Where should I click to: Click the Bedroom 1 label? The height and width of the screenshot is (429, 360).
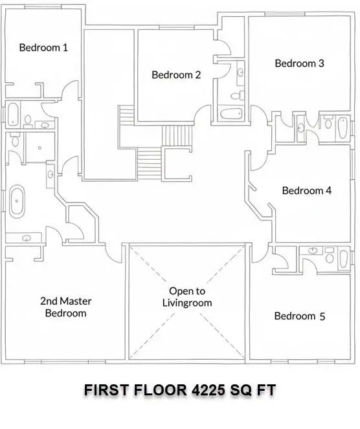(x=43, y=47)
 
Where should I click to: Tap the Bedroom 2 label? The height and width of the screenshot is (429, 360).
(x=176, y=74)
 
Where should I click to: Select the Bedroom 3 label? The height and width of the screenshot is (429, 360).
(x=299, y=63)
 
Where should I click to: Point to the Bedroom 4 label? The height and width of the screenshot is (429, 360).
(x=306, y=191)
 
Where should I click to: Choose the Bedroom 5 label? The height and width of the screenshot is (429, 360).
(x=299, y=316)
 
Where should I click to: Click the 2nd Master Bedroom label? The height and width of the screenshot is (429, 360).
(x=65, y=307)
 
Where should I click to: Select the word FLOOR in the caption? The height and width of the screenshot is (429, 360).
(x=159, y=390)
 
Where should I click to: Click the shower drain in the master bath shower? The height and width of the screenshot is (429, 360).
(x=39, y=148)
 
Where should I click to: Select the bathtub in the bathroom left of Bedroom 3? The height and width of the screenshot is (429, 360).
(x=231, y=115)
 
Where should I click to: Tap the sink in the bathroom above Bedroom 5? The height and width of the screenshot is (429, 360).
(x=313, y=250)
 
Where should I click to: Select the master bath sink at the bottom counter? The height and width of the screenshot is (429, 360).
(x=27, y=238)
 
